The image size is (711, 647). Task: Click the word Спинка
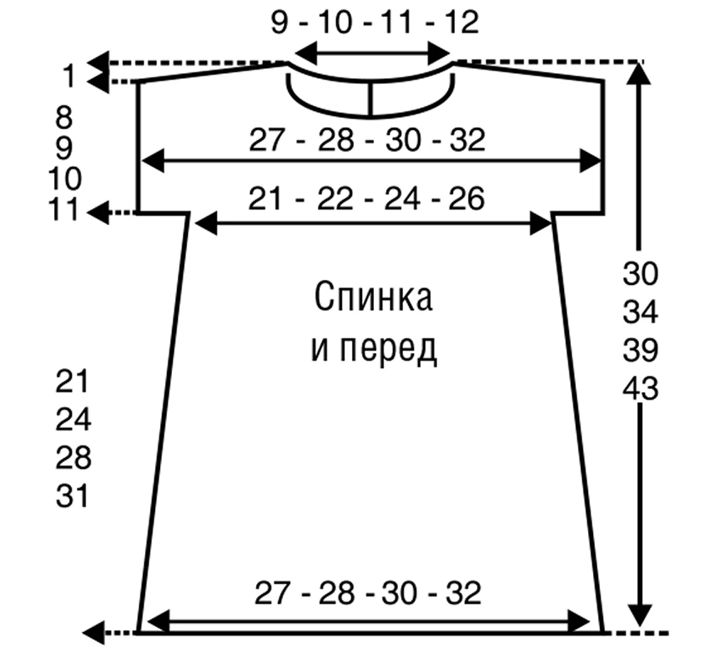click(373, 297)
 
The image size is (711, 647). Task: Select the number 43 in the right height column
click(640, 388)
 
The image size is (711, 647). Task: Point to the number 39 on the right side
click(640, 350)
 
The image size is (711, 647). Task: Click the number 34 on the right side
click(640, 312)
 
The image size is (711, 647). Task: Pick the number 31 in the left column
click(73, 496)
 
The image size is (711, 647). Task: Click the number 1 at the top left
click(69, 76)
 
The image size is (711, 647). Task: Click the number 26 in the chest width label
click(466, 198)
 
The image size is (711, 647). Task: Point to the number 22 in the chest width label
click(335, 198)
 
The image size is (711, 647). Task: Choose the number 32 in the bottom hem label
click(463, 593)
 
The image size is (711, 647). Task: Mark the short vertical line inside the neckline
click(370, 99)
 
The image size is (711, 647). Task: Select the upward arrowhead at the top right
click(639, 74)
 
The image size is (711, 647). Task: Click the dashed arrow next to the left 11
click(112, 212)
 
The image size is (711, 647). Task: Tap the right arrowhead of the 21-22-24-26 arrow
click(540, 224)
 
